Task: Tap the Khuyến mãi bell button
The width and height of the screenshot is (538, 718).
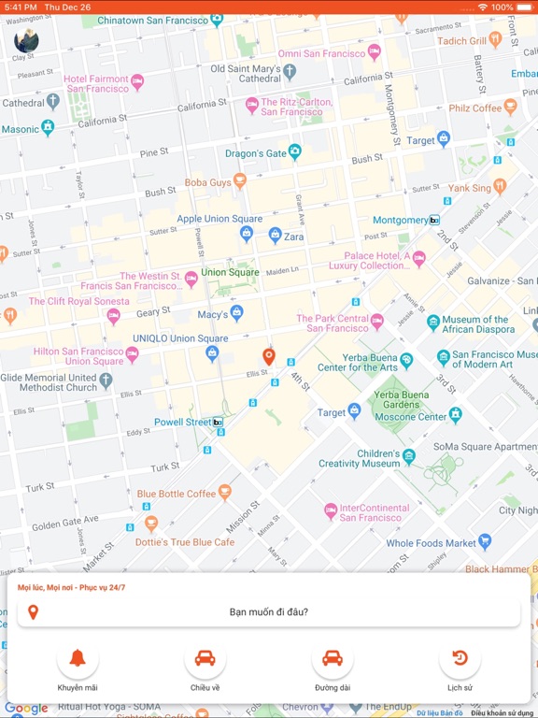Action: [78, 658]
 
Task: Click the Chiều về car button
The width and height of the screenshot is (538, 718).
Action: [205, 658]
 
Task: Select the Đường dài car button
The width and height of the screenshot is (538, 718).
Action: [333, 658]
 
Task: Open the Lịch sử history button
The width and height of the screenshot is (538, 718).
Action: [460, 658]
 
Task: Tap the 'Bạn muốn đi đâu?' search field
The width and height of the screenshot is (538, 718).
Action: [269, 612]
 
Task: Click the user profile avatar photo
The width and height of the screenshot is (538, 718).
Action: [26, 40]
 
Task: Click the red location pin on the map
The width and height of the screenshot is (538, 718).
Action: [269, 355]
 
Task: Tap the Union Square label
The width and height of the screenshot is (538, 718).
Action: [230, 272]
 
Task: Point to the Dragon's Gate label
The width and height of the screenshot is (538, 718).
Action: [255, 153]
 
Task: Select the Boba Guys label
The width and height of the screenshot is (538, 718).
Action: [207, 182]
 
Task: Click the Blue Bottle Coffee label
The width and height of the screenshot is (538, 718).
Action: [176, 494]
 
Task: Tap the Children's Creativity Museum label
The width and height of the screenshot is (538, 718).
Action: [359, 458]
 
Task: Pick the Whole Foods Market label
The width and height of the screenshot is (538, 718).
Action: [431, 542]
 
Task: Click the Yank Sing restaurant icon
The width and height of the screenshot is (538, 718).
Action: [499, 187]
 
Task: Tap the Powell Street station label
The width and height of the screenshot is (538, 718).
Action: [182, 422]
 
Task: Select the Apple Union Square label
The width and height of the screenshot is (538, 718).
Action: [219, 219]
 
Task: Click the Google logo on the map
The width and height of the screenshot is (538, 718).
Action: [26, 709]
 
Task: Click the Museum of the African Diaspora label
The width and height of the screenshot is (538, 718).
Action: [474, 323]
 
